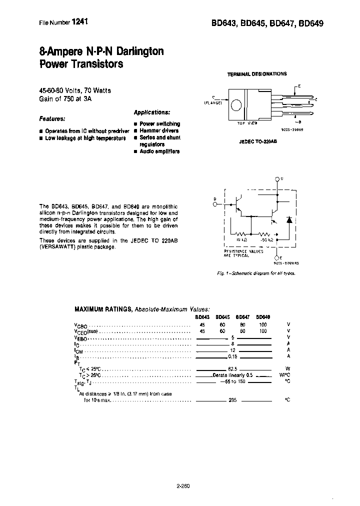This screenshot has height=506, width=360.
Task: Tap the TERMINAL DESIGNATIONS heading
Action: point(257,74)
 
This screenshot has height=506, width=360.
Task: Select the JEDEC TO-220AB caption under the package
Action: point(258,141)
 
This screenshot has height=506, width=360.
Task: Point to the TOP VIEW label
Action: point(247,122)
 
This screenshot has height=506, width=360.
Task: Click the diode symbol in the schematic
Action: point(289,220)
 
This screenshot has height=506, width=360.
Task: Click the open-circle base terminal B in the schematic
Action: point(215,204)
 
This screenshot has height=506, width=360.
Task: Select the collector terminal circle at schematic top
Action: point(277,178)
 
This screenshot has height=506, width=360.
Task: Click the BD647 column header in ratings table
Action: point(242,316)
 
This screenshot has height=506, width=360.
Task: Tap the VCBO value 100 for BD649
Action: point(263,324)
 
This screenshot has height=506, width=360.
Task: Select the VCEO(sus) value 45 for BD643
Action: point(202,331)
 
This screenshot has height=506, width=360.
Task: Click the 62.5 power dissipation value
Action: point(232,369)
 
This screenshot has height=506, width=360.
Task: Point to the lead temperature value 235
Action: point(232,400)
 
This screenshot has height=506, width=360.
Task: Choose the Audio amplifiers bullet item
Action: point(159,151)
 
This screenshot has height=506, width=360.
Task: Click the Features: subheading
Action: point(52,119)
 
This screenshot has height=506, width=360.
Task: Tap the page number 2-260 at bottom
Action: point(183,485)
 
